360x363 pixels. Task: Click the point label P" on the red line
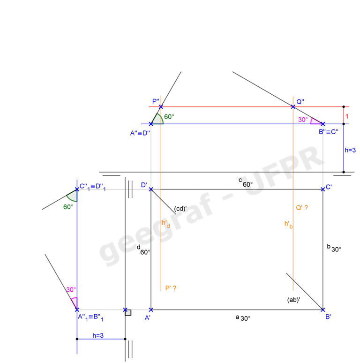[155, 101]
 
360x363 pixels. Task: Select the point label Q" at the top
[300, 101]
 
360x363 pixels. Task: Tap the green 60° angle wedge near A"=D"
[157, 119]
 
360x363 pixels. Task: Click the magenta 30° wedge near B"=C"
[316, 121]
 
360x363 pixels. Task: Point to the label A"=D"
[140, 133]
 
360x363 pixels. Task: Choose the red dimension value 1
[347, 115]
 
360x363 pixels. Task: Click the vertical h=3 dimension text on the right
[350, 150]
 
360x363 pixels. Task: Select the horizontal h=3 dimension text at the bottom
[98, 335]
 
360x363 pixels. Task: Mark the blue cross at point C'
[322, 189]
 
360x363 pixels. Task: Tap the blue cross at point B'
[323, 310]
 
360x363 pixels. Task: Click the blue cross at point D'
[150, 189]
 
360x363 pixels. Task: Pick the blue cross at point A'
[150, 310]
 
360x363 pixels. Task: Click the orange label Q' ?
[302, 207]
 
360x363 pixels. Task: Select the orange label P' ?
[171, 288]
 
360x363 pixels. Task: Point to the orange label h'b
[288, 225]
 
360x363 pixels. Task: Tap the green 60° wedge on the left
[72, 195]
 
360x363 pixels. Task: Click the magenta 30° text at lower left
[71, 290]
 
